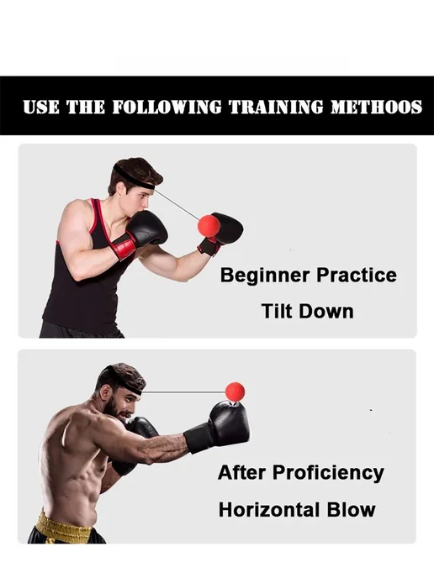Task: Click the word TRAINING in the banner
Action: (x=276, y=107)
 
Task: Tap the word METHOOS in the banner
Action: (x=376, y=107)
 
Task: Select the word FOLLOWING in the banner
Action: (x=167, y=107)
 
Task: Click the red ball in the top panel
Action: (x=209, y=226)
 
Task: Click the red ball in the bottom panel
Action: (x=236, y=391)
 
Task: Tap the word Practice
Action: (x=357, y=275)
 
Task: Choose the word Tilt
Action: (x=277, y=311)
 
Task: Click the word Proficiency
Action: (x=329, y=473)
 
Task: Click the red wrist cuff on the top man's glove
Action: (x=124, y=245)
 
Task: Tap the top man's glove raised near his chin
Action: (x=147, y=228)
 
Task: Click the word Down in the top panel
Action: (x=326, y=311)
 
